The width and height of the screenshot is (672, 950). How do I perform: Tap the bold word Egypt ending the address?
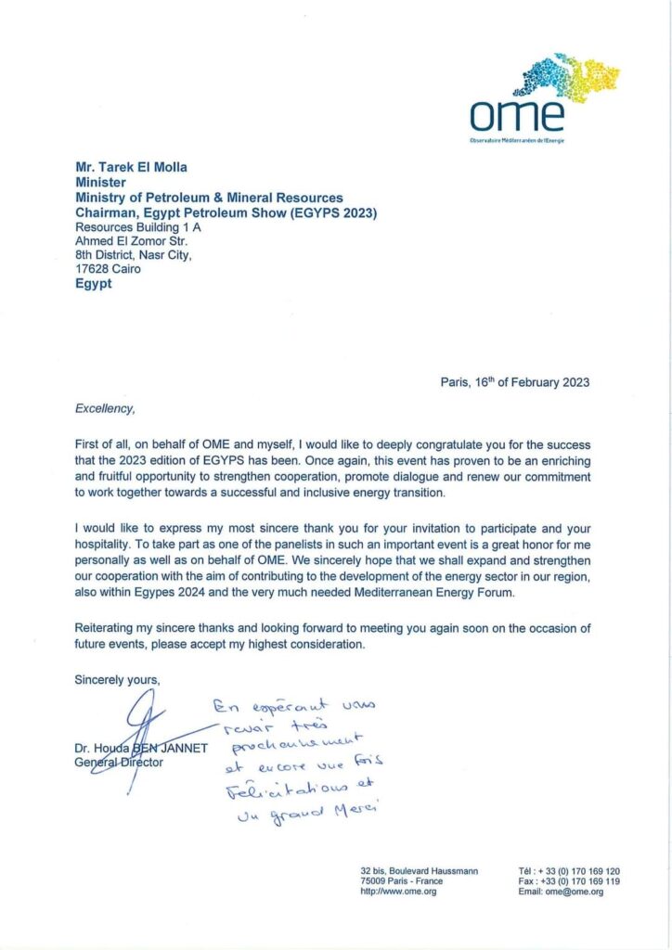point(93,284)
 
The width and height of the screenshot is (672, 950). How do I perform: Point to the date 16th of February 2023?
point(515,382)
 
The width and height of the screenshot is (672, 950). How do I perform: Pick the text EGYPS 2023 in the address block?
point(342,212)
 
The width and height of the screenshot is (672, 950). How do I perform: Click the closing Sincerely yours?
point(117,680)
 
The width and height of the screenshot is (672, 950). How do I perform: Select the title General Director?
point(119,763)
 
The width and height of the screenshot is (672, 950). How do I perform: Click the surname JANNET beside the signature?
point(182,749)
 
